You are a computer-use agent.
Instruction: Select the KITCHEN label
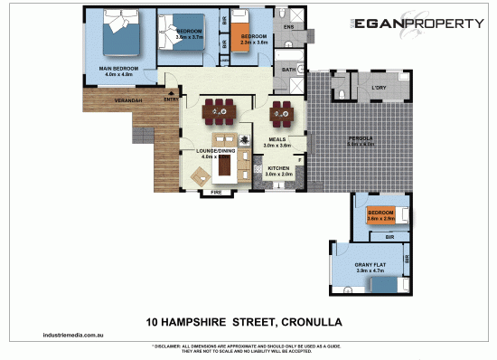(277, 167)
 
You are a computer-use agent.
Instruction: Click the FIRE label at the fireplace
(216, 193)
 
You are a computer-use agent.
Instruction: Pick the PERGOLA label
(361, 138)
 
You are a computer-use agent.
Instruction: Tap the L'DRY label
(379, 88)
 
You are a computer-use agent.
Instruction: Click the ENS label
(288, 27)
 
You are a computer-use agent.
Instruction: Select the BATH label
(289, 70)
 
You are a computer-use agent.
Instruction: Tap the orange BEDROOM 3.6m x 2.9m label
(380, 215)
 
